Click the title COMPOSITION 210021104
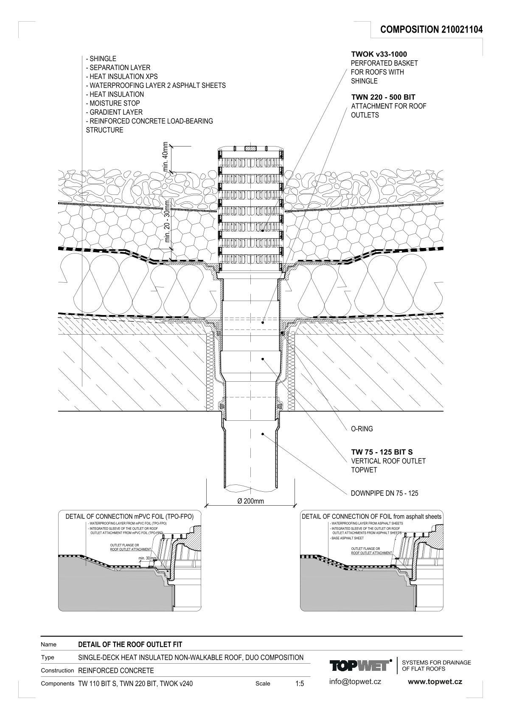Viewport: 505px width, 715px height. coord(431,29)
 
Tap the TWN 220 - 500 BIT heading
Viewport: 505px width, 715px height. coord(383,97)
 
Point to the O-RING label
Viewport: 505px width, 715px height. coord(362,429)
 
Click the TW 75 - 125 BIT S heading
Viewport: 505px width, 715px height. coord(382,452)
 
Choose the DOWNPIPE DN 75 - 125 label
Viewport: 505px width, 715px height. coord(384,493)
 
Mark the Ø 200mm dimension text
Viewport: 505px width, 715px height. coord(251,501)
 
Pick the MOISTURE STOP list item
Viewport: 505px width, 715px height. coord(112,103)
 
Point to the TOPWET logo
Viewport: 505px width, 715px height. coord(360,666)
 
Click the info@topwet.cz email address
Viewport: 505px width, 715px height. coord(355,681)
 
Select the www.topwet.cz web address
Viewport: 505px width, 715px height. coord(435,681)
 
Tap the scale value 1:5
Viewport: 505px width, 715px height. coord(299,684)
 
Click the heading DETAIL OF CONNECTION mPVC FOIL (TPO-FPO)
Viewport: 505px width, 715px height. coord(129,517)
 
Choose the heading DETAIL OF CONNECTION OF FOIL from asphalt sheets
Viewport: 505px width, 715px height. coord(371,517)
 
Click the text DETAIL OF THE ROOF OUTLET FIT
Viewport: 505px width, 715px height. coord(130,644)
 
